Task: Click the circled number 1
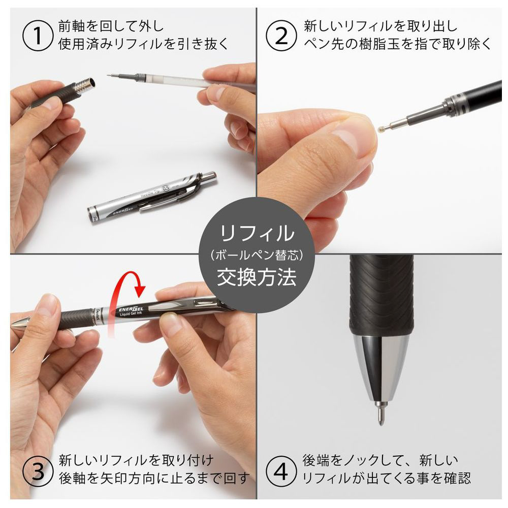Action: (x=38, y=36)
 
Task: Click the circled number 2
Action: (x=281, y=36)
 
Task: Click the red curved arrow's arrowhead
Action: (x=140, y=290)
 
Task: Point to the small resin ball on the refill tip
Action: (x=380, y=129)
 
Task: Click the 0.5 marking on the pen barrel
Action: (x=166, y=188)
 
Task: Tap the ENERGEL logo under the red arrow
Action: (x=131, y=309)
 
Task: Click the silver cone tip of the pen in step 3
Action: (x=20, y=323)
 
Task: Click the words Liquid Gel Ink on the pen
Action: (x=131, y=314)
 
